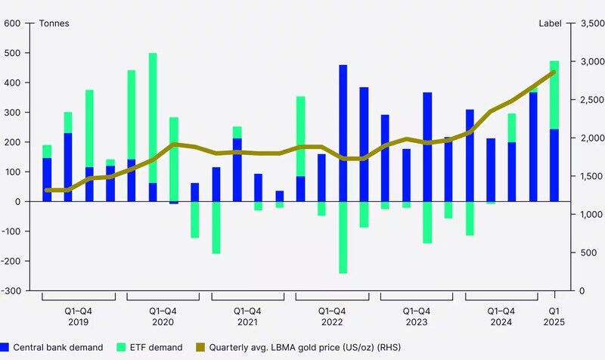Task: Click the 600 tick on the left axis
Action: (11, 23)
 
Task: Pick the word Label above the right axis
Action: (550, 23)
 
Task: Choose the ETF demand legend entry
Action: (152, 347)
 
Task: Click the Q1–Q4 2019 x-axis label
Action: (78, 316)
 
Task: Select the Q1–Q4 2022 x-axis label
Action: (332, 316)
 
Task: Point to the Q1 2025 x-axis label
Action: (554, 316)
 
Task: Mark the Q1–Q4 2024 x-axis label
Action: (501, 316)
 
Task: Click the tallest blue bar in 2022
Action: (343, 133)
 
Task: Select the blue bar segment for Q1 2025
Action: (554, 165)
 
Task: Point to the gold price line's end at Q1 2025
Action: (554, 72)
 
